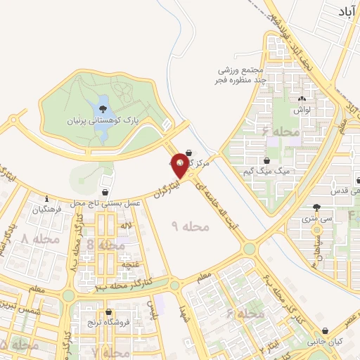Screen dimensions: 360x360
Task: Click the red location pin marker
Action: [180, 164]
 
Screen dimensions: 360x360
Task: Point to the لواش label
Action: [302, 110]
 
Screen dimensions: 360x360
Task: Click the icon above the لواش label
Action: [302, 99]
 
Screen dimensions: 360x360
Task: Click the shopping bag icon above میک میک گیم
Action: [265, 161]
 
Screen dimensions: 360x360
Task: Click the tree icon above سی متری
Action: [316, 207]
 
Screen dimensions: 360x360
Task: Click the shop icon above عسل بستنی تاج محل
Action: [105, 191]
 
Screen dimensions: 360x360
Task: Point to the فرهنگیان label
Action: [47, 210]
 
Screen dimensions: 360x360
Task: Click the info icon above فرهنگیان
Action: [46, 198]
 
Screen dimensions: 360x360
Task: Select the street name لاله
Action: [126, 226]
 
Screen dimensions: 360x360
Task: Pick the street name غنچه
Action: [130, 264]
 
